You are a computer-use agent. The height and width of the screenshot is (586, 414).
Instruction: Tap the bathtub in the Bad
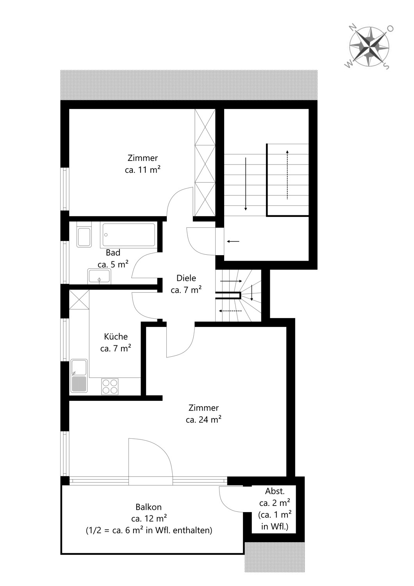click(x=128, y=235)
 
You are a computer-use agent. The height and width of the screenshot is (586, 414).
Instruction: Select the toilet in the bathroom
click(x=84, y=235)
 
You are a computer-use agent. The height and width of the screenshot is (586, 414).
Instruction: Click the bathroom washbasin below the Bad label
click(x=99, y=276)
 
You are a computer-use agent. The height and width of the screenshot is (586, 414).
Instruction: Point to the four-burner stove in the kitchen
click(x=110, y=386)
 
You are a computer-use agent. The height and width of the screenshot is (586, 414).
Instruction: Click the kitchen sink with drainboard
click(x=79, y=376)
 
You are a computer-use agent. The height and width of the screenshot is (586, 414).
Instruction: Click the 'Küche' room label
click(x=116, y=336)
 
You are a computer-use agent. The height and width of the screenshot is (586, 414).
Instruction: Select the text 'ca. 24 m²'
click(x=204, y=420)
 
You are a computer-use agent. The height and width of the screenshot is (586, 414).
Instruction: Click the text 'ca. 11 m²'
click(x=143, y=170)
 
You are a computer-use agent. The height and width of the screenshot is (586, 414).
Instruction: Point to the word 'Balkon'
click(x=148, y=507)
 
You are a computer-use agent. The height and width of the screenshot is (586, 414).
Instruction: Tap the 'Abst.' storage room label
click(x=275, y=491)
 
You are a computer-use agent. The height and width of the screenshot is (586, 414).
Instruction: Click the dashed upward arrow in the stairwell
click(x=287, y=175)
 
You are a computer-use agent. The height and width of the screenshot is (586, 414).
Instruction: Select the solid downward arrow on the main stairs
click(x=246, y=184)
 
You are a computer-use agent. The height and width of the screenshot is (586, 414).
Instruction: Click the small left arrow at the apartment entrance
click(x=233, y=241)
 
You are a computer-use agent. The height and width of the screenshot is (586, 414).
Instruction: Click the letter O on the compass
click(x=391, y=29)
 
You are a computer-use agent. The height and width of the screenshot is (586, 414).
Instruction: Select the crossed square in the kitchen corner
click(x=79, y=300)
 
